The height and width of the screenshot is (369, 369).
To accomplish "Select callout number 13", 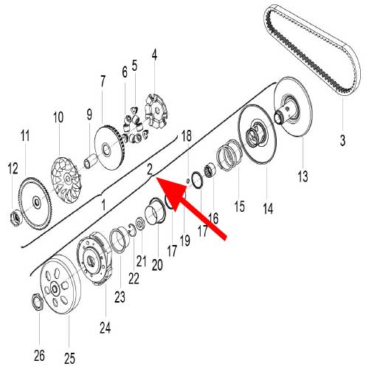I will [301, 176].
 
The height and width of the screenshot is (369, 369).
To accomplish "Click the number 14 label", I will [268, 210].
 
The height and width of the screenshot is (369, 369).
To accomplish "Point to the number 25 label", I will [69, 358].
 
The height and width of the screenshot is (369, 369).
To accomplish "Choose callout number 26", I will [40, 356].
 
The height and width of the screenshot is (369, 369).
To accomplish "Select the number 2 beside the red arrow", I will [150, 169].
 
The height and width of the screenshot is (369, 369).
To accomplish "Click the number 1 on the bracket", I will [103, 203].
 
